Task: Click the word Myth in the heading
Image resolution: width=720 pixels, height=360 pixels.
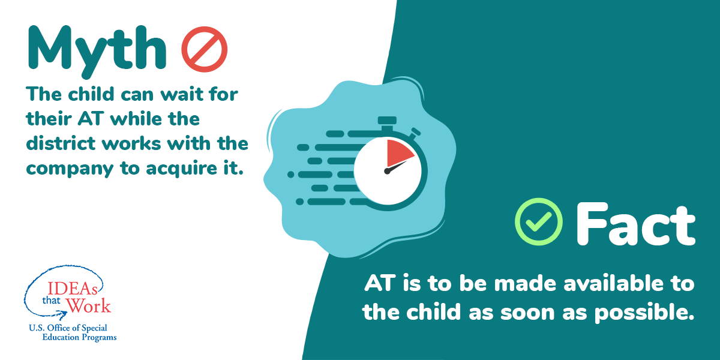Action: [96, 48]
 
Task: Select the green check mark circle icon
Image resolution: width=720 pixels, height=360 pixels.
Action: [539, 221]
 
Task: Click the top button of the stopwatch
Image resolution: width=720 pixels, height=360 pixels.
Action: [388, 120]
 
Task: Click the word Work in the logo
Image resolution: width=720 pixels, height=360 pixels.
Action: [88, 305]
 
